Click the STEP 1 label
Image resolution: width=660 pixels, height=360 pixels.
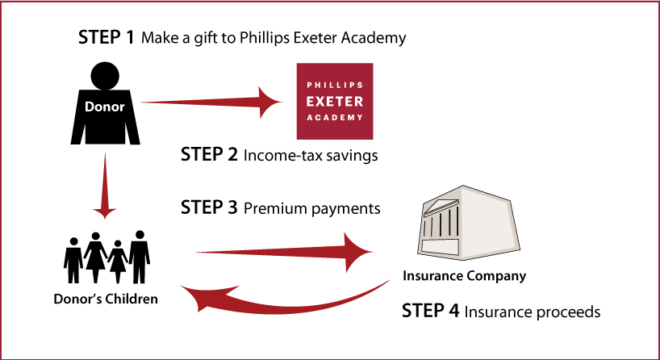pos(106,37)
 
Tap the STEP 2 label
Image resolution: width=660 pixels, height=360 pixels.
pos(209,154)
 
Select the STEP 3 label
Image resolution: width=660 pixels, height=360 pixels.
pos(209,207)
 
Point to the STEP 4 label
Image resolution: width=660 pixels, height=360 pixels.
pos(430,311)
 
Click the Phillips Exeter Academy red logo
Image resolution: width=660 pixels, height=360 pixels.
pos(335,101)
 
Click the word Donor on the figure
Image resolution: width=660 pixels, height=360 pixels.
pos(105,107)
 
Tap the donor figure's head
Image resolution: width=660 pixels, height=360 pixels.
pos(105,76)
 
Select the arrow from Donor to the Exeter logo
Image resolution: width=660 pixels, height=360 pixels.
pos(211,102)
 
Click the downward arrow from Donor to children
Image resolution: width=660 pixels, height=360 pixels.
pos(104,186)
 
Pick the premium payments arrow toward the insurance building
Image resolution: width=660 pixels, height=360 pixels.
pos(284,252)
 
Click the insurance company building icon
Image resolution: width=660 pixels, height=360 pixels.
pos(468,222)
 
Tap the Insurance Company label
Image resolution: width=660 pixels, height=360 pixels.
pos(464,276)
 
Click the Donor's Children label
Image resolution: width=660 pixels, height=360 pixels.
pos(106,299)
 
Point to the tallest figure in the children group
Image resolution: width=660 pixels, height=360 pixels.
pos(140,257)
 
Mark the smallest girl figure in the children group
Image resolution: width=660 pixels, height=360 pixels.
pos(118,262)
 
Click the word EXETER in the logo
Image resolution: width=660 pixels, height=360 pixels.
pos(335,102)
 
